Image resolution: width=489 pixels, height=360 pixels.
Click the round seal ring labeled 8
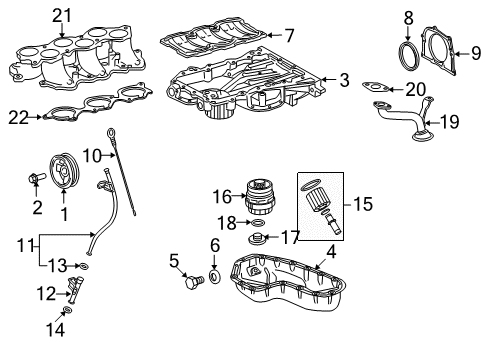pyautogui.click(x=410, y=53)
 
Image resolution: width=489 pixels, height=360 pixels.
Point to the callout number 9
pyautogui.click(x=462, y=54)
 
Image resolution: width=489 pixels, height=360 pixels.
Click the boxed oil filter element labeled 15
pyautogui.click(x=318, y=204)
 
